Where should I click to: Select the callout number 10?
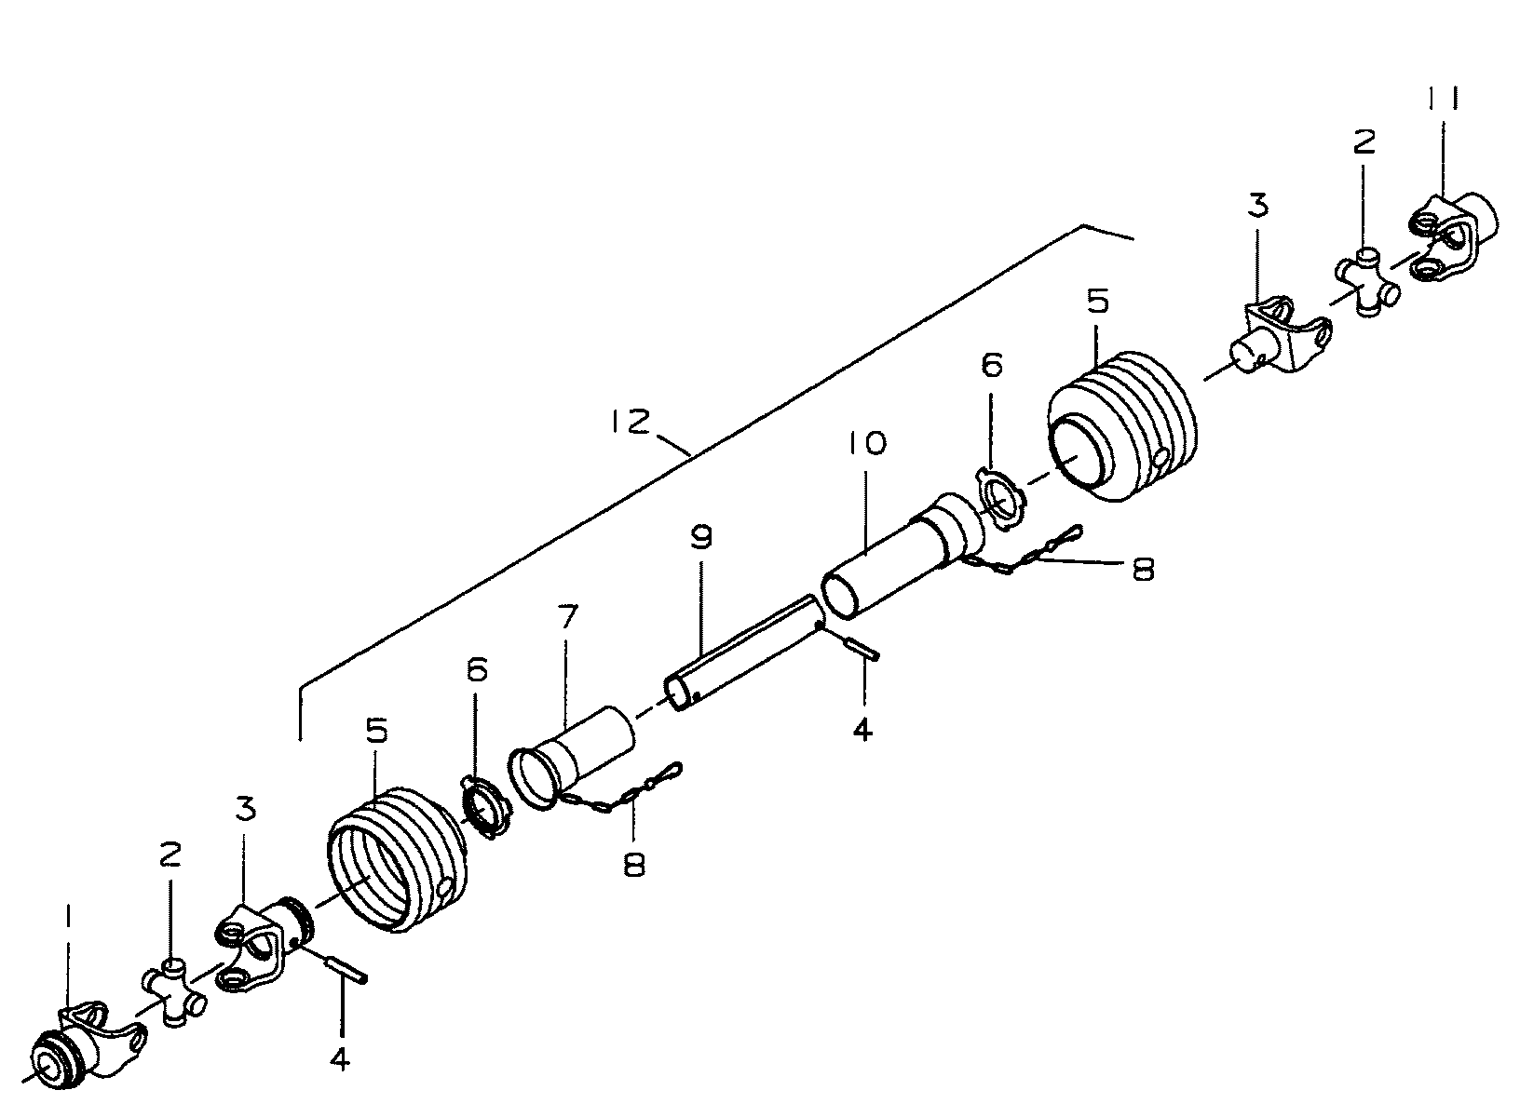tap(867, 443)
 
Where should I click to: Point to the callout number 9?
tap(700, 538)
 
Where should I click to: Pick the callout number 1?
tap(67, 923)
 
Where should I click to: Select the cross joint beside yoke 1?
tap(174, 994)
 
